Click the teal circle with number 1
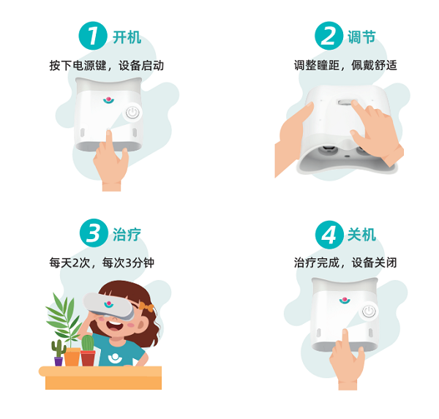tap(93, 36)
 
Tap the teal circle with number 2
tap(329, 36)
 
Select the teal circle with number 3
tap(94, 233)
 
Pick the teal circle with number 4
tap(329, 235)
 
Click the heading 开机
tap(127, 37)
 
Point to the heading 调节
tap(361, 37)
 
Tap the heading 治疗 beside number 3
tap(127, 234)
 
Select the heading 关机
tap(361, 234)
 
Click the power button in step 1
tap(132, 113)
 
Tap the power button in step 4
tap(369, 311)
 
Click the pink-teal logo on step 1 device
tap(108, 99)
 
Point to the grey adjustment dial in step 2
tap(346, 102)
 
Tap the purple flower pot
tap(59, 361)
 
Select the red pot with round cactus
tap(88, 358)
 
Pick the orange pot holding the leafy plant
tap(72, 357)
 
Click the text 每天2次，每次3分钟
tap(102, 263)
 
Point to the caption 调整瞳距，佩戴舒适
tap(345, 66)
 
